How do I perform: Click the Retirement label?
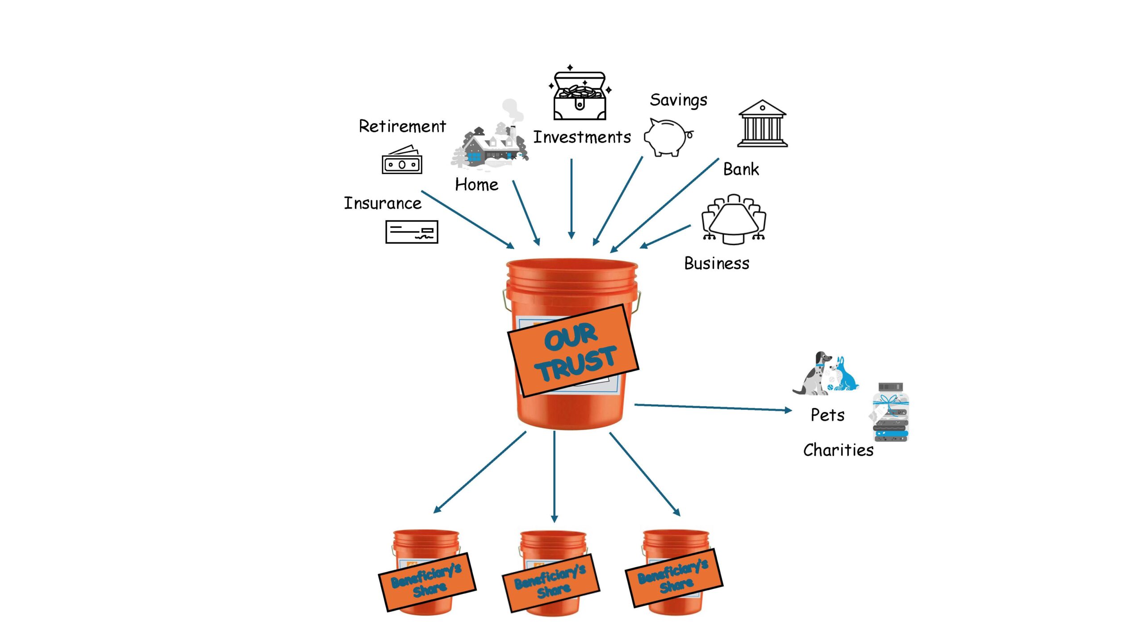pos(402,126)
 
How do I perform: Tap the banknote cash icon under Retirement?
pos(402,160)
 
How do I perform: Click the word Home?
pos(476,184)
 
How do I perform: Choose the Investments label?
pos(582,137)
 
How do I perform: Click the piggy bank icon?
pos(667,138)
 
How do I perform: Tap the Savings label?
pos(678,100)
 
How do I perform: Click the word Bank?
pos(741,169)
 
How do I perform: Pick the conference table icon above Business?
pos(734,219)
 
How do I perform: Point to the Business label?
pos(717,263)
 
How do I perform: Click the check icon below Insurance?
pos(412,232)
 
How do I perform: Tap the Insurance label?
pos(383,203)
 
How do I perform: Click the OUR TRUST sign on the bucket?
pos(574,351)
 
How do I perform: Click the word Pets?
pos(827,415)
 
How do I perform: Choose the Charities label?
pos(838,450)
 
